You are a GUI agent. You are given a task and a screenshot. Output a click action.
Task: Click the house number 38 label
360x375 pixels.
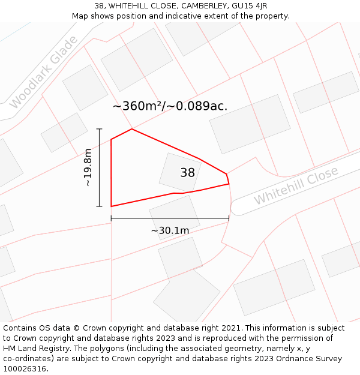(187, 173)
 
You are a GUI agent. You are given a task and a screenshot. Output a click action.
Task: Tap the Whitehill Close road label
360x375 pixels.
(296, 185)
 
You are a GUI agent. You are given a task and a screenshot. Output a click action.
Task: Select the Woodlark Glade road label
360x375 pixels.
(44, 73)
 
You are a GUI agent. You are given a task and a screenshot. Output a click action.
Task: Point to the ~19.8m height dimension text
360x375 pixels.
(88, 167)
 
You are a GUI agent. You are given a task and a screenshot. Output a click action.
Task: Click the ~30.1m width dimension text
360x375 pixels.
(170, 230)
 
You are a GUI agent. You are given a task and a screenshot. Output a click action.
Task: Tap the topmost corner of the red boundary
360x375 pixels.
(131, 129)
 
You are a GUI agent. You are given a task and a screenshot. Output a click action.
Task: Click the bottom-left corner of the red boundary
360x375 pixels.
(112, 206)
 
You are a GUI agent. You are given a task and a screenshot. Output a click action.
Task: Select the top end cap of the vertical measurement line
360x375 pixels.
(100, 129)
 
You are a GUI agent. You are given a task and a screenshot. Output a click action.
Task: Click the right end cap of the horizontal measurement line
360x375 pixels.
(229, 219)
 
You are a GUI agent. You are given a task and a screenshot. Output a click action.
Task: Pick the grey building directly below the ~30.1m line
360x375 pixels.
(174, 216)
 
